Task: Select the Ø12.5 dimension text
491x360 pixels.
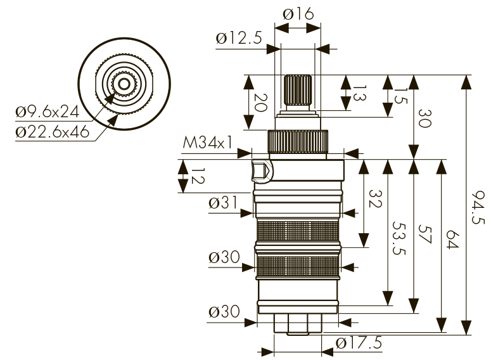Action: [x=238, y=39]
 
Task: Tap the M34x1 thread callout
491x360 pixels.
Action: [x=207, y=143]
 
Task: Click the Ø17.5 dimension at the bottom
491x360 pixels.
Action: [x=359, y=343]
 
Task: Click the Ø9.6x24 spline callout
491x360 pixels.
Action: [x=47, y=112]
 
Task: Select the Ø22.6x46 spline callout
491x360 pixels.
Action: [x=51, y=133]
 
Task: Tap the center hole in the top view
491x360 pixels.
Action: [x=123, y=82]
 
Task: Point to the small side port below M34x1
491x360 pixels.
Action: [x=261, y=170]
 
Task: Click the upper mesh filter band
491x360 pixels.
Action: [x=297, y=230]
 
